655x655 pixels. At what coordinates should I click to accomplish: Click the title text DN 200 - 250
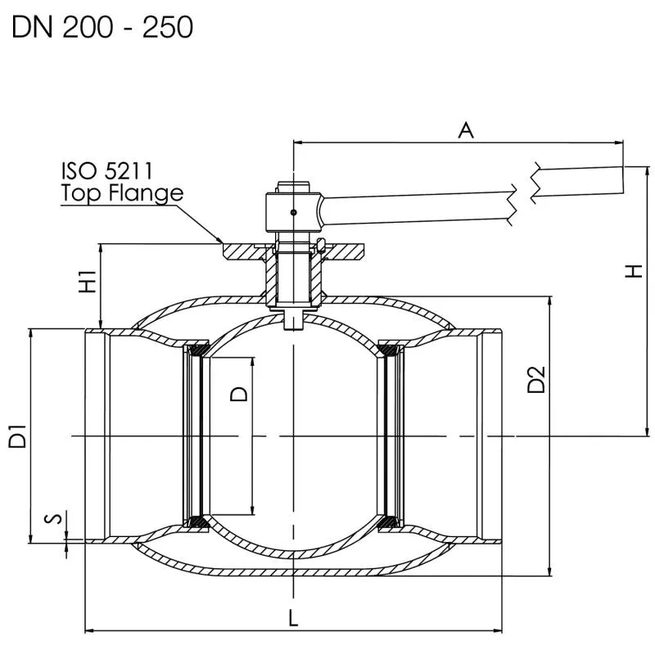[x=102, y=27]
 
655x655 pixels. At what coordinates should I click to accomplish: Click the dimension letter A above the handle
[x=466, y=129]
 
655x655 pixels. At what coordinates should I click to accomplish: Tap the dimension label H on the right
[x=633, y=272]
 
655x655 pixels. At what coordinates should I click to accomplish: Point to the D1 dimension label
[x=17, y=436]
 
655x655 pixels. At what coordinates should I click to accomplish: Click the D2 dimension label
[x=536, y=380]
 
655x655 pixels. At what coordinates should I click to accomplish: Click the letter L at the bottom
[x=293, y=619]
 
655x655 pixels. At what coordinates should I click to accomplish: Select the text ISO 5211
[x=106, y=171]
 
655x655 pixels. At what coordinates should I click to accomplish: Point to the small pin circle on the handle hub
[x=293, y=213]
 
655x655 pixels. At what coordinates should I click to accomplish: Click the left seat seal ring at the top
[x=196, y=351]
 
